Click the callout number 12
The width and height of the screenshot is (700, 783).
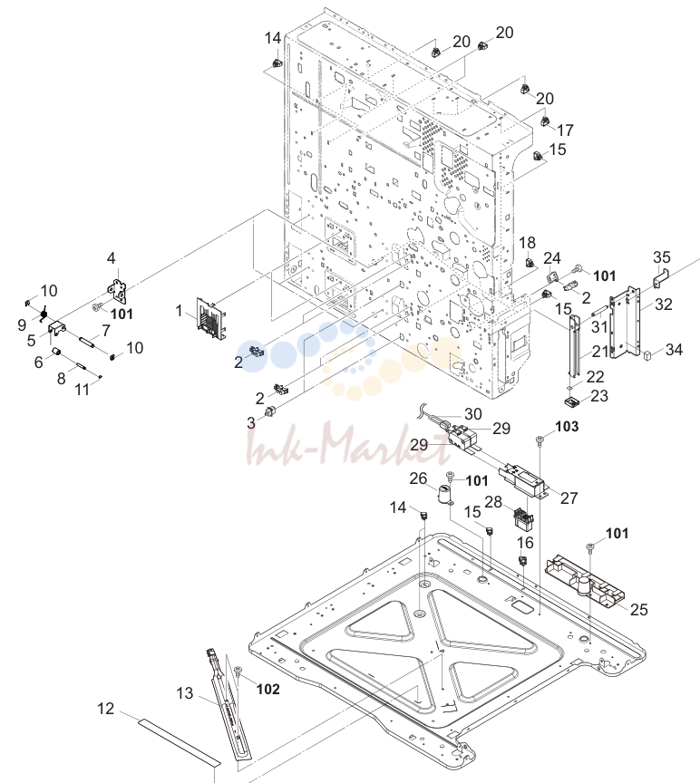click(105, 708)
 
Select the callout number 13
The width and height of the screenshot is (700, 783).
click(184, 693)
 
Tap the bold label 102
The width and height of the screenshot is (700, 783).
click(267, 689)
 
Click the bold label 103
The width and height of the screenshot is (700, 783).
click(567, 427)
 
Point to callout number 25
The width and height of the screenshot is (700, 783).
click(639, 609)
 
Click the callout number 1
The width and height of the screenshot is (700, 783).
click(179, 311)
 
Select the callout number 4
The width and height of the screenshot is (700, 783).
click(111, 258)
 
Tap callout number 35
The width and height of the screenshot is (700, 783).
click(662, 257)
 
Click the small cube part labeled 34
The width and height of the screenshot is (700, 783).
click(647, 356)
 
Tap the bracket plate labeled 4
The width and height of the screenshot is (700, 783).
click(118, 291)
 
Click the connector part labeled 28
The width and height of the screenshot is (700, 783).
click(523, 517)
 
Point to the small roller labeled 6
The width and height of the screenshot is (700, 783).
click(57, 353)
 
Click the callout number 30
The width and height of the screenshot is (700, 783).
click(472, 414)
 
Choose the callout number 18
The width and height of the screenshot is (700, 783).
click(527, 243)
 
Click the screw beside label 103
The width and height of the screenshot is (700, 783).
click(540, 440)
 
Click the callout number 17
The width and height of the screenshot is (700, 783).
click(565, 130)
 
